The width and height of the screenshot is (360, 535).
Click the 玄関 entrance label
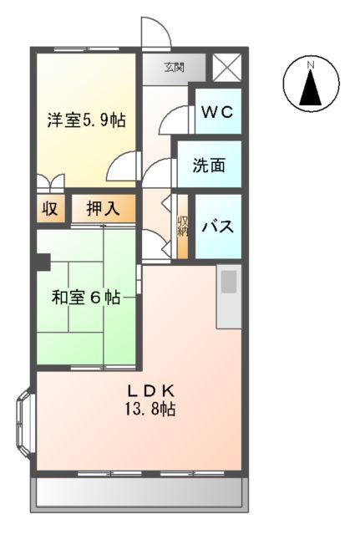point(173,68)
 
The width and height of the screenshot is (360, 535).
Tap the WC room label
point(218,112)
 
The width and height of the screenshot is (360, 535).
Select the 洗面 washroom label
point(210,165)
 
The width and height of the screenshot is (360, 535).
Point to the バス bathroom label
point(219,225)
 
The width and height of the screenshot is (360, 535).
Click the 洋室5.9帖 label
point(86,120)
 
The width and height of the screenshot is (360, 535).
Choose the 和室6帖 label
point(85,297)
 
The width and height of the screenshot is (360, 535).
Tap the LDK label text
point(150,390)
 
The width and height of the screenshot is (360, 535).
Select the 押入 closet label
point(103,209)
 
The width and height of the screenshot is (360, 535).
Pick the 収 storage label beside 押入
point(50,209)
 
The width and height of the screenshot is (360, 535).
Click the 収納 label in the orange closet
point(182,227)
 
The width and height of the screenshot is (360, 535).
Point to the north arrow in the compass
point(310,89)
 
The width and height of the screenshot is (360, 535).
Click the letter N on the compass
point(310,64)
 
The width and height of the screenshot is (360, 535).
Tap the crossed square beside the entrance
point(226,68)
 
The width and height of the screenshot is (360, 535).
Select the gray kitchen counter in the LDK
point(228,296)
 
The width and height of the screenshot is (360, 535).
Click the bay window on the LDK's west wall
point(24,424)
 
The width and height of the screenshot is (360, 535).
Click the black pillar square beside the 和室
point(41,262)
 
